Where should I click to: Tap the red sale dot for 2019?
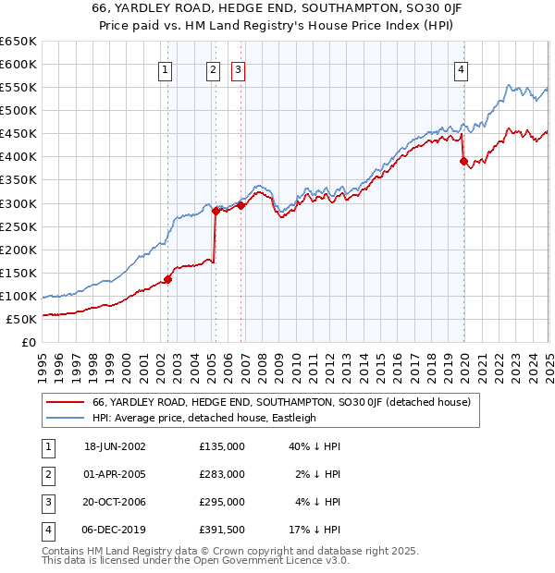(463, 161)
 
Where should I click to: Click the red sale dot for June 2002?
(168, 279)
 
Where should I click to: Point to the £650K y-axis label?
(18, 42)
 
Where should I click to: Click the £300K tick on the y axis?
(18, 203)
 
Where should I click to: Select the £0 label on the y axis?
(28, 343)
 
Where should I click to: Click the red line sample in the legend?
(67, 403)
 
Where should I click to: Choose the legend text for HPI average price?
(204, 418)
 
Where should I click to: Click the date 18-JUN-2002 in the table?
(115, 446)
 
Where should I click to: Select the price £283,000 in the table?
(222, 474)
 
